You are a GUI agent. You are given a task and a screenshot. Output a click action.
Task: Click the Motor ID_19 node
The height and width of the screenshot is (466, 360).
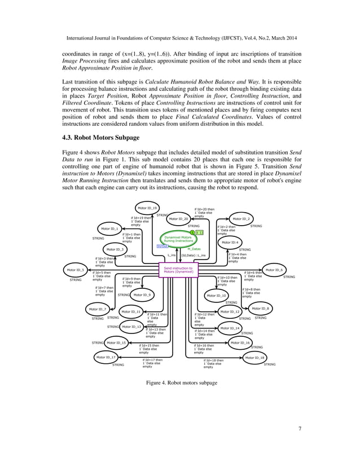coord(148,208)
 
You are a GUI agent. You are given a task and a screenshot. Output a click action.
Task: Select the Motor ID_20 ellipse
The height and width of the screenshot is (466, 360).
coord(178,219)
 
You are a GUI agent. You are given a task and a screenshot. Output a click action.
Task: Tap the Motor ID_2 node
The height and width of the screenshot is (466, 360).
coord(242,219)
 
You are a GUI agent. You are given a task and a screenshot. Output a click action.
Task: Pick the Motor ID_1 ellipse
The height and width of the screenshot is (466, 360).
coord(110,228)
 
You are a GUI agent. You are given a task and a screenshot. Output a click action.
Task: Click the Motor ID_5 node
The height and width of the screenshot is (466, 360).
coord(75,270)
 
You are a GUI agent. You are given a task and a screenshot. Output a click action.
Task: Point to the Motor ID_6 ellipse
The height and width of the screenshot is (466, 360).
coord(274,270)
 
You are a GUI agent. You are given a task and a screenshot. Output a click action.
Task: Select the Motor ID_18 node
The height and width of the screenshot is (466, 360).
coord(255,357)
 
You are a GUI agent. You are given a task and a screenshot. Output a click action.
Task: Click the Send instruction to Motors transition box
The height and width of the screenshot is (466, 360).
coord(178,270)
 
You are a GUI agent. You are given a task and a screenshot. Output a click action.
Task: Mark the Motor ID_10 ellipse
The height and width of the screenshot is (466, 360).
coord(217,295)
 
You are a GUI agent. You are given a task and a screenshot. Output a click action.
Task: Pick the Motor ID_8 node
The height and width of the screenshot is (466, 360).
coord(261,309)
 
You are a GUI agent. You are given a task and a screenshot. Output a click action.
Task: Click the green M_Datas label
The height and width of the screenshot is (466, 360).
coord(194,249)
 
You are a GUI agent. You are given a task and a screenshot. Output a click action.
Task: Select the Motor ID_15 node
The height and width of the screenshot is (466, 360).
coord(116,342)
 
